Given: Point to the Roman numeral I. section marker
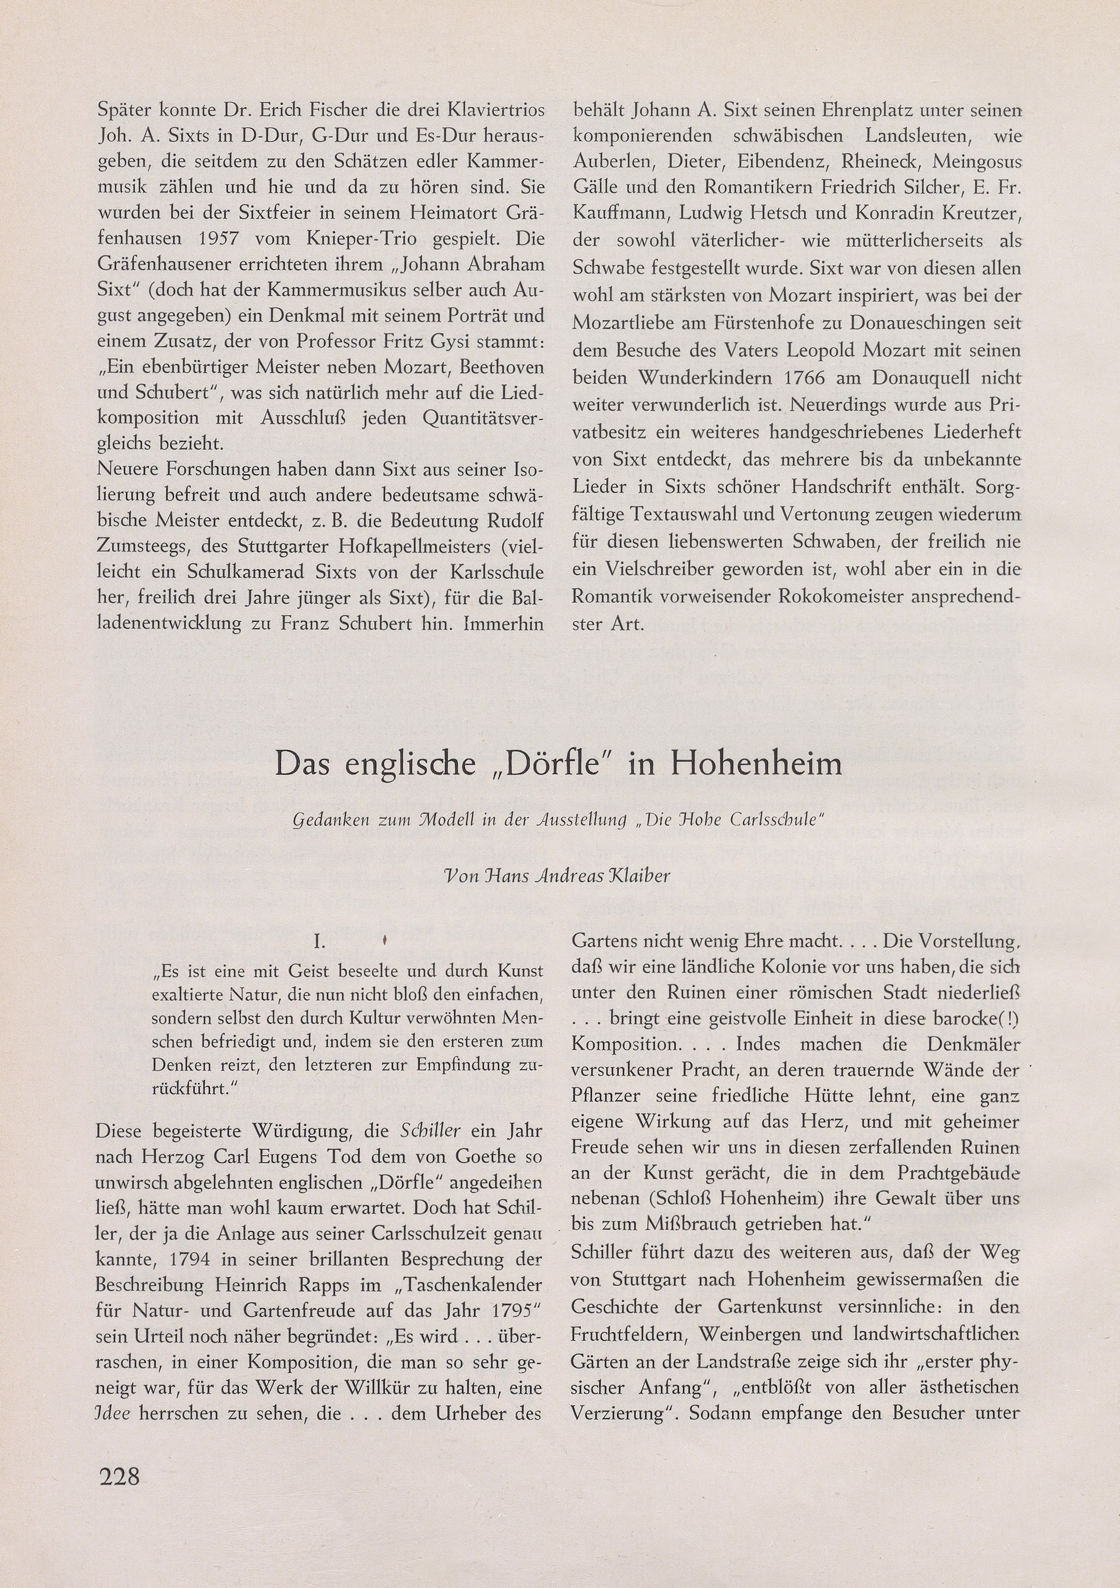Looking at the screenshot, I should coord(319,941).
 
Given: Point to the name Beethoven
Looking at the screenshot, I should coord(498,367).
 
